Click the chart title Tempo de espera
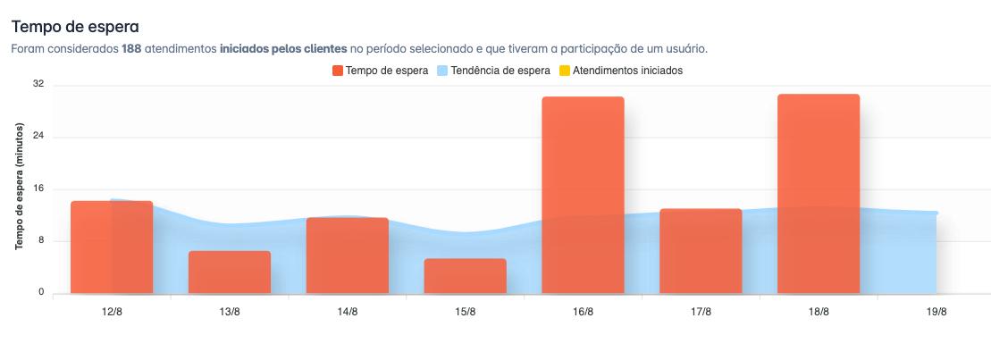point(76,28)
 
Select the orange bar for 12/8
point(112,247)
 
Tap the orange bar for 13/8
point(230,272)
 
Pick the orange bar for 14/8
point(348,255)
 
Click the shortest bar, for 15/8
point(466,276)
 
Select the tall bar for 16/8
point(583,195)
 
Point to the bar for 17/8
point(701,251)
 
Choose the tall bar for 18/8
point(819,194)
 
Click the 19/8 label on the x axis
point(936,312)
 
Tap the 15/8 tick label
point(466,312)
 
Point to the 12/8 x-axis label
point(112,312)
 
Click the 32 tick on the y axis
point(38,85)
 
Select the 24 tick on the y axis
point(38,137)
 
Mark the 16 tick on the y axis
point(38,188)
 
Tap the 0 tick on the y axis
point(41,292)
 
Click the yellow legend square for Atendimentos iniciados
point(563,71)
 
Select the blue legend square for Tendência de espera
point(442,71)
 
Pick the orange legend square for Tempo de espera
point(337,71)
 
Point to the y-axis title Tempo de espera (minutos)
point(19,188)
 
